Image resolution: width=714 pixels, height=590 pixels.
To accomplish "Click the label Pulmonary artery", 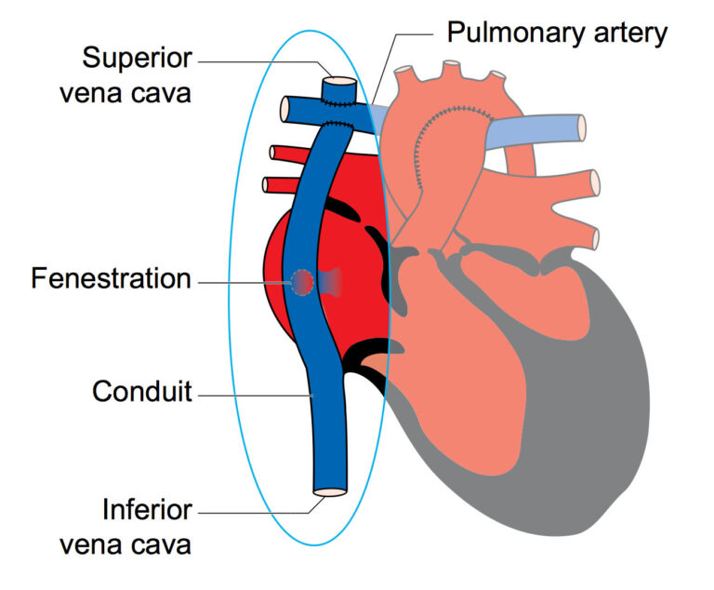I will point(557,34).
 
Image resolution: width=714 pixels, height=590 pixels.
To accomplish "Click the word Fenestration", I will point(111,278).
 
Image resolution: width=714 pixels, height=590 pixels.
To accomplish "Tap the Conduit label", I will point(141,393).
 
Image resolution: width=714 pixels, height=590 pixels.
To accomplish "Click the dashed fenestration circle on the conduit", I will point(303,281).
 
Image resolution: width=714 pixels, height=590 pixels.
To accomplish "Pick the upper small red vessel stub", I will point(273,153).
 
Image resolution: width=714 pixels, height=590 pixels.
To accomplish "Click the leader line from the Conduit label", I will point(251,395).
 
